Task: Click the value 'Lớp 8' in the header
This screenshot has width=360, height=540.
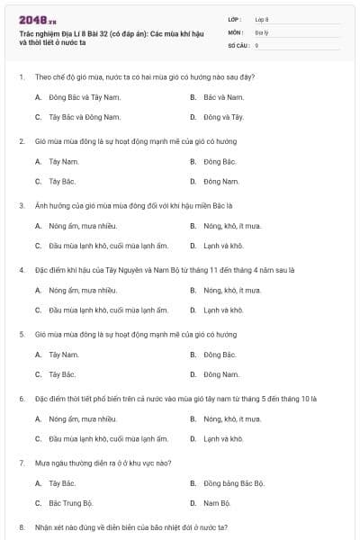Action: (x=262, y=18)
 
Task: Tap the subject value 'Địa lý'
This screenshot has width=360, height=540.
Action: (x=261, y=31)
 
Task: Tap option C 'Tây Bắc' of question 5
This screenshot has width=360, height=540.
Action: (x=62, y=374)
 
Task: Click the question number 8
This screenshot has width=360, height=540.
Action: (x=22, y=526)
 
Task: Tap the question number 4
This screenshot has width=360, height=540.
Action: (x=22, y=270)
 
